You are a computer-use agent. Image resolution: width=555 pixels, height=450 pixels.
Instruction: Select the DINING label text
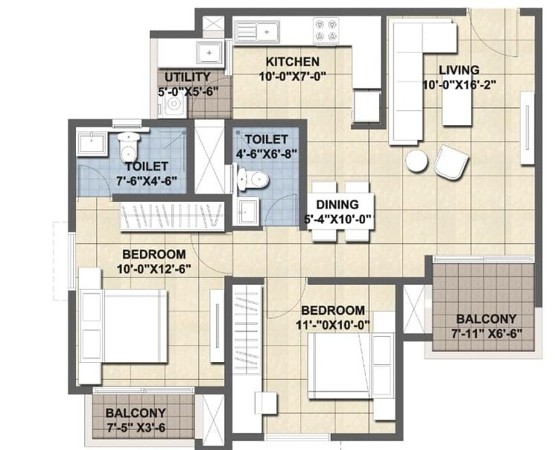tap(337, 204)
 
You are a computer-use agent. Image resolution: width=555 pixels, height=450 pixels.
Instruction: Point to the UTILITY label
tap(187, 77)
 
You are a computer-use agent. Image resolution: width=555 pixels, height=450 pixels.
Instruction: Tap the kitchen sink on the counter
tap(256, 31)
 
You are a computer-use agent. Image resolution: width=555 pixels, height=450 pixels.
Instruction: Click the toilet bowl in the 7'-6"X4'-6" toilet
tap(129, 141)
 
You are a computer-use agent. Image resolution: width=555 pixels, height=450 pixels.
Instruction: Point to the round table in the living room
tap(416, 160)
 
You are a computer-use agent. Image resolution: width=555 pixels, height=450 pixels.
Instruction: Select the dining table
tap(340, 212)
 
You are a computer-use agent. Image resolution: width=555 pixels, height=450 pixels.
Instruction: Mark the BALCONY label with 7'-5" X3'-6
tap(136, 413)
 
